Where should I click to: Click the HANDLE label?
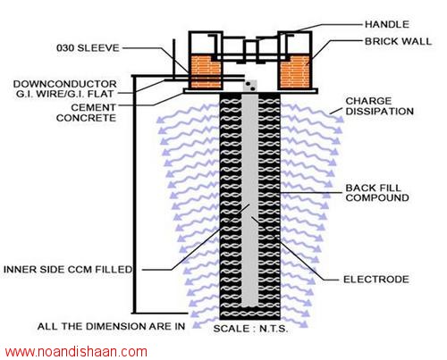387,24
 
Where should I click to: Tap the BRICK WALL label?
398,41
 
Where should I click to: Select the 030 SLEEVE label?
88,48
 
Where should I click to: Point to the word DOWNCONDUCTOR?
64,84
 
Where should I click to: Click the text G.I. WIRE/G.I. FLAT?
64,94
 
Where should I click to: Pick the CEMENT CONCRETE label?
86,113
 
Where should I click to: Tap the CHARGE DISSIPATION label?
379,106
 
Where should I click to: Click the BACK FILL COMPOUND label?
377,193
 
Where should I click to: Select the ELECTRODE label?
376,280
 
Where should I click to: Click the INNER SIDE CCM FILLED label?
68,270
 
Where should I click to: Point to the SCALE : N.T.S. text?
250,329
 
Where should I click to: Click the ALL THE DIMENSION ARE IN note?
111,326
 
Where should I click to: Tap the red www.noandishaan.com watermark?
76,352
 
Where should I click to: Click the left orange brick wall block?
206,71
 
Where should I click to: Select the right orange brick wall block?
295,71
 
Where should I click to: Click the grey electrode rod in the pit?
249,200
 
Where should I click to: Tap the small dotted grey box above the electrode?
250,86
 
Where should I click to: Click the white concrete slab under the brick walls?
250,91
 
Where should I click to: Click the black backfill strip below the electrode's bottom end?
250,313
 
